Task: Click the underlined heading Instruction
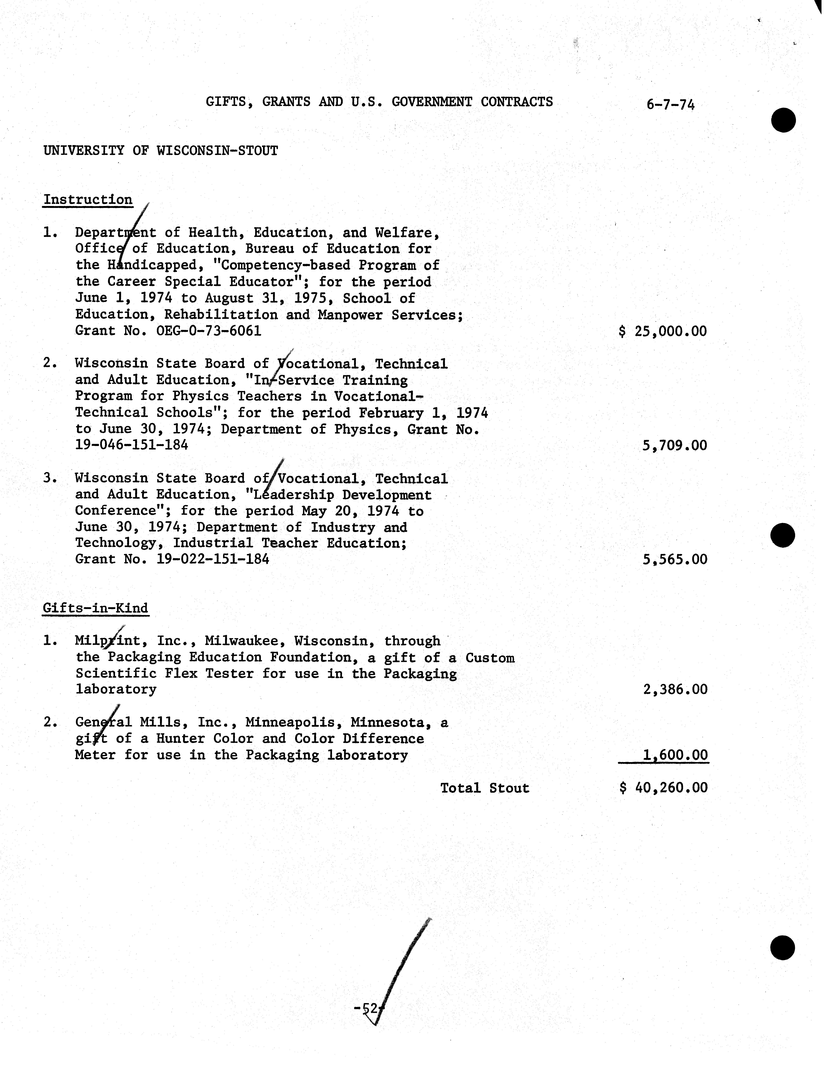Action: point(88,200)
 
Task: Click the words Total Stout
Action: point(484,788)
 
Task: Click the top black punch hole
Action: point(784,120)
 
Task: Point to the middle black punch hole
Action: point(783,535)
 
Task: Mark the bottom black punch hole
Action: point(783,948)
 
